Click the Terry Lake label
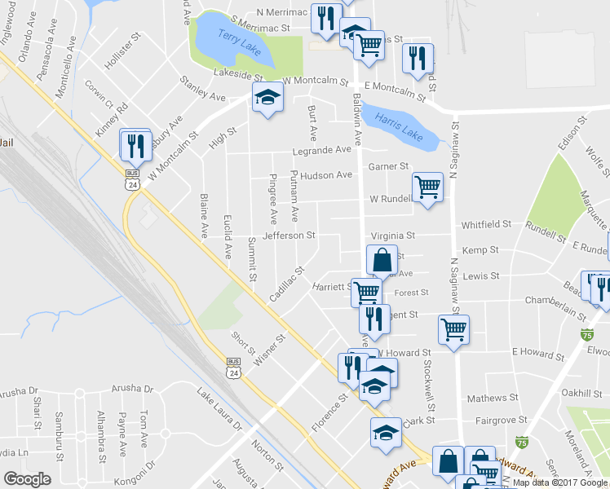[x=240, y=42]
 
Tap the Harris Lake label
[x=400, y=127]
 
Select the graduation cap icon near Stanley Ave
[x=266, y=98]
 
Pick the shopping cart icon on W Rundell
[x=427, y=187]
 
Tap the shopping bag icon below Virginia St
[x=382, y=261]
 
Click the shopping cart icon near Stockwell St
[x=453, y=329]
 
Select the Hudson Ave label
[x=326, y=175]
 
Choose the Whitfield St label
[x=486, y=224]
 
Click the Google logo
[x=28, y=478]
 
